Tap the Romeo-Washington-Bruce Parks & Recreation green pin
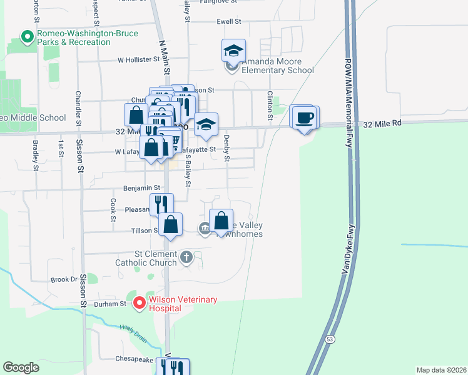coord(27,37)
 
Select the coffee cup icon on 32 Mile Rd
coord(305,118)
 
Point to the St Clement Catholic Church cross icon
coord(186,257)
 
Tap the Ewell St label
coord(228,21)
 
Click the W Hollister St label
coord(139,60)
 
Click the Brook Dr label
coord(64,279)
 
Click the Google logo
coord(21,367)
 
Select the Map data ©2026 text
coord(441,370)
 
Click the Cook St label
coord(113,211)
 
